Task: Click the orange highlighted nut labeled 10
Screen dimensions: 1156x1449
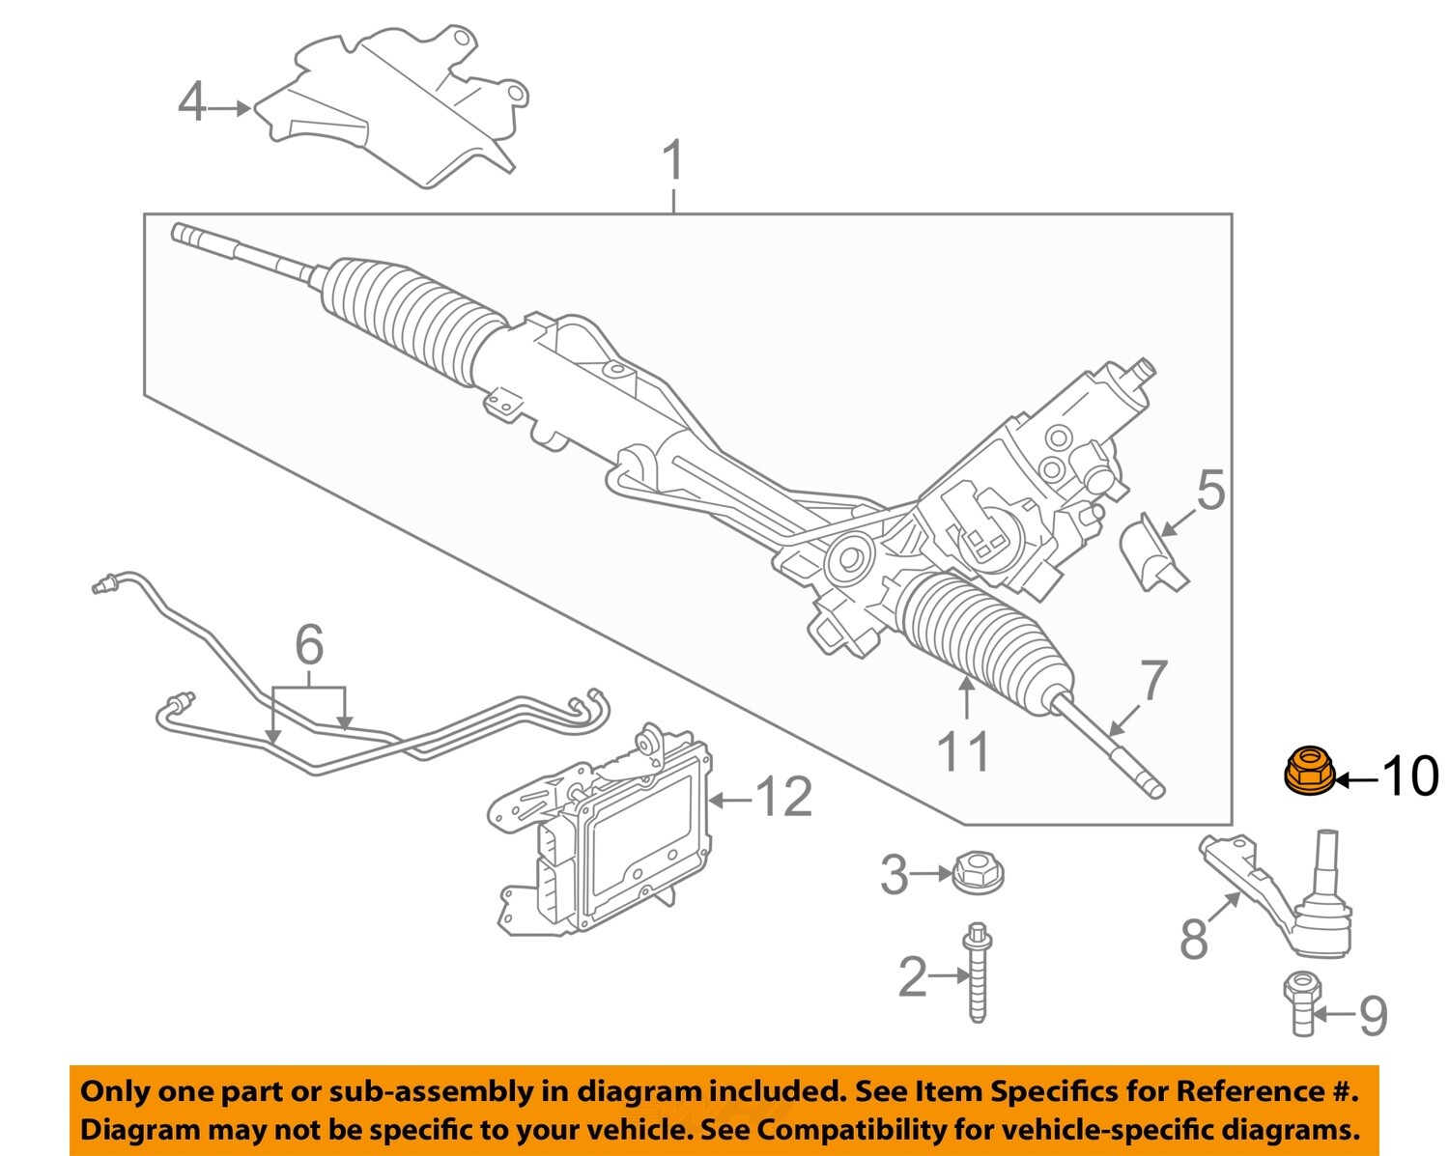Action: [1309, 771]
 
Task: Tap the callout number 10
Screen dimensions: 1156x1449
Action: [1410, 775]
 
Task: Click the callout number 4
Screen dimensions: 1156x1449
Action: [192, 102]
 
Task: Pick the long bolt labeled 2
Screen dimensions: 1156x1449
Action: [978, 973]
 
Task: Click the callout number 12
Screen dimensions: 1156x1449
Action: [783, 798]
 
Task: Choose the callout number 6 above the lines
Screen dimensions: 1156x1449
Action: [309, 645]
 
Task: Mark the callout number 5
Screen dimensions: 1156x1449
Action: [1211, 490]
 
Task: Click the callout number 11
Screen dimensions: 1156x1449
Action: [964, 751]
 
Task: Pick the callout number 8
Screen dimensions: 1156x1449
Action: [1194, 939]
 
